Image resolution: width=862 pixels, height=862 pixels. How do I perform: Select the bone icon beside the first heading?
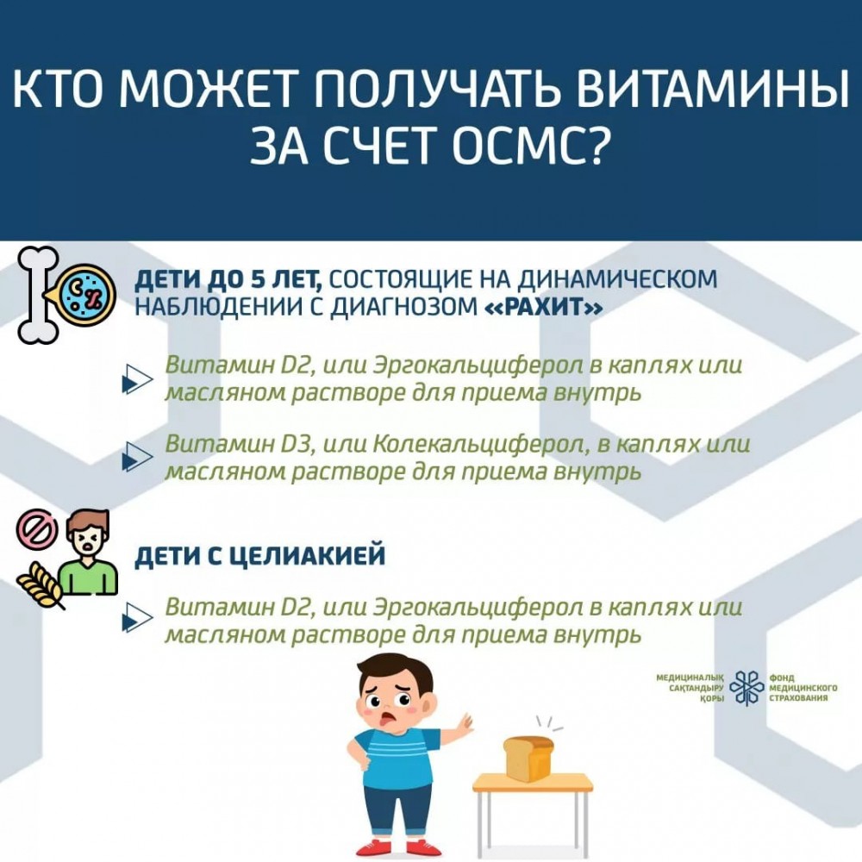point(37,295)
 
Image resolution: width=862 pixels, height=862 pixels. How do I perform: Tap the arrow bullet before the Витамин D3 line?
point(136,457)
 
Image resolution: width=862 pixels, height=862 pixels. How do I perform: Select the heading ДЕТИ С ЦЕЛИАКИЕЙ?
point(260,556)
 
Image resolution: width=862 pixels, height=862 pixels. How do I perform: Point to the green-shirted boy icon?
point(89,553)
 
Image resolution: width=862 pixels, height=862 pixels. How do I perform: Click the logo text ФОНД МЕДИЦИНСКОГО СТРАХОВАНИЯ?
point(803,687)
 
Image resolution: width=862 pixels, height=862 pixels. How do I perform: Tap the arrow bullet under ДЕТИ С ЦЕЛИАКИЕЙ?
point(136,618)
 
